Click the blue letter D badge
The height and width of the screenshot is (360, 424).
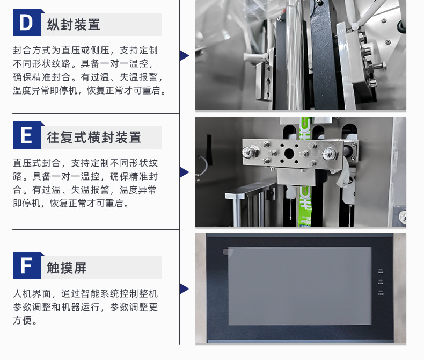coord(27,23)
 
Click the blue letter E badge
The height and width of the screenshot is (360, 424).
coord(27,135)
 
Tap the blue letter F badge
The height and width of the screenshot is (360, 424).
coord(27,265)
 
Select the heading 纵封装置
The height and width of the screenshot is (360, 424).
coord(74,24)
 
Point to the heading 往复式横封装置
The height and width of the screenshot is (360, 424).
coord(94,137)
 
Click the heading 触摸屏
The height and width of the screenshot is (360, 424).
coord(67,268)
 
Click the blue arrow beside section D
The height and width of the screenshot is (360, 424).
coord(185,55)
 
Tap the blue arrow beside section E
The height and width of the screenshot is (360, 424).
coord(185,172)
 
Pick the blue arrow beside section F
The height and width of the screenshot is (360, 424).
coord(185,289)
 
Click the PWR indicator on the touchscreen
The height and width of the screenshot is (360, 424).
coord(381,271)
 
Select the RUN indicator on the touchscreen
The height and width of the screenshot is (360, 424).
coord(381,282)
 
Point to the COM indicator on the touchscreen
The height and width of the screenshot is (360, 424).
coord(381,293)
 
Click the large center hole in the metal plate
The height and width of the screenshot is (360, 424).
coord(289,154)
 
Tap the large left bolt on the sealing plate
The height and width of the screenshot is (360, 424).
coord(249,152)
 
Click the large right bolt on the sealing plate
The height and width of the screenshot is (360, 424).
coord(329,154)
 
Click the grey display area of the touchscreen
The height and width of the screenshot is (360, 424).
coord(299,286)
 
